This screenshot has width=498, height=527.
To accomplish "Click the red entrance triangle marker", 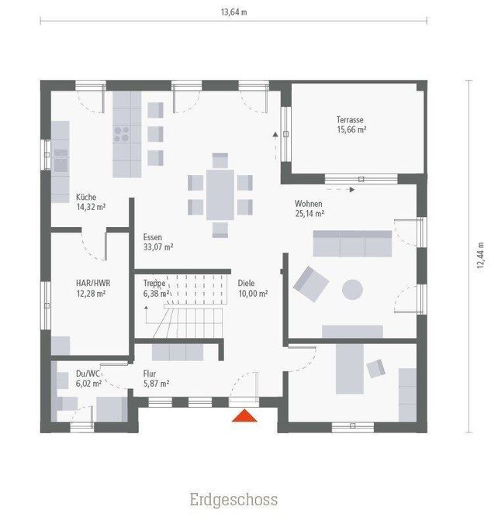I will (x=246, y=416).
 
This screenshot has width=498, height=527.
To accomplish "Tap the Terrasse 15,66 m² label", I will (x=351, y=125).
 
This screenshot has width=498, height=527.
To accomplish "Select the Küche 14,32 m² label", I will (x=90, y=202).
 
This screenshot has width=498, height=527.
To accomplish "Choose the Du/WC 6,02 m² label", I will (x=88, y=377).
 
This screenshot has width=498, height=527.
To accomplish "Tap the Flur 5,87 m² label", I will (x=156, y=377).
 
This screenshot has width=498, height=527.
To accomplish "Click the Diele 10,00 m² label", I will (x=253, y=288).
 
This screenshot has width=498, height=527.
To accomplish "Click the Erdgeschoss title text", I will (x=233, y=499).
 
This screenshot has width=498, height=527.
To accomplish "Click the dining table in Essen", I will (x=220, y=195).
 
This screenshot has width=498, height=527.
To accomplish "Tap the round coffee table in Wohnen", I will (x=353, y=289).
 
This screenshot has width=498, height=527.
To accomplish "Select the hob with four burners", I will (x=123, y=133).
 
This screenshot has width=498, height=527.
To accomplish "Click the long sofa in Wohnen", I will (x=352, y=243).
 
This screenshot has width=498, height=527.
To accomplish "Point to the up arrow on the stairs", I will (x=147, y=313).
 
